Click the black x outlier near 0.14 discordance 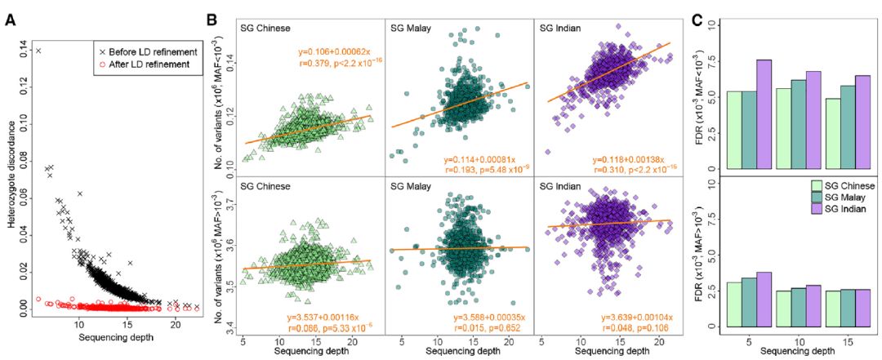38,51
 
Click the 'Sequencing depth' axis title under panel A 112,338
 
